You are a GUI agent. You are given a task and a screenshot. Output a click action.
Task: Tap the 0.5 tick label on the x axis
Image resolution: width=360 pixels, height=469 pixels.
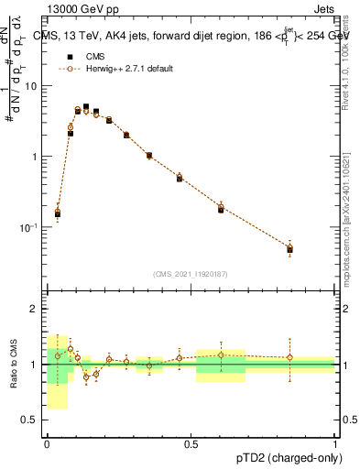191,444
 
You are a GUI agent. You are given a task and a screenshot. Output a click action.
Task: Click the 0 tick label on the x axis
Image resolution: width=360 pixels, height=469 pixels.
47,444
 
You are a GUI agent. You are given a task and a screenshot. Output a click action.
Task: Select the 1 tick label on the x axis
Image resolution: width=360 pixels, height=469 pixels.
334,444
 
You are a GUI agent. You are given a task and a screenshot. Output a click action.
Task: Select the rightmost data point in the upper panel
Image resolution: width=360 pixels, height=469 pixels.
289,248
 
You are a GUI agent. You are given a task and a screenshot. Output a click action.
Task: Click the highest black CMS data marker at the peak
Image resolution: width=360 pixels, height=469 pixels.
86,107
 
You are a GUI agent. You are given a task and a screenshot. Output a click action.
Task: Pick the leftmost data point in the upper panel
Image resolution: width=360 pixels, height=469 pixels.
58,213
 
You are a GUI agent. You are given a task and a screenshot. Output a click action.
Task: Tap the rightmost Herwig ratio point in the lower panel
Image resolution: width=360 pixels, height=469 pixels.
289,357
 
